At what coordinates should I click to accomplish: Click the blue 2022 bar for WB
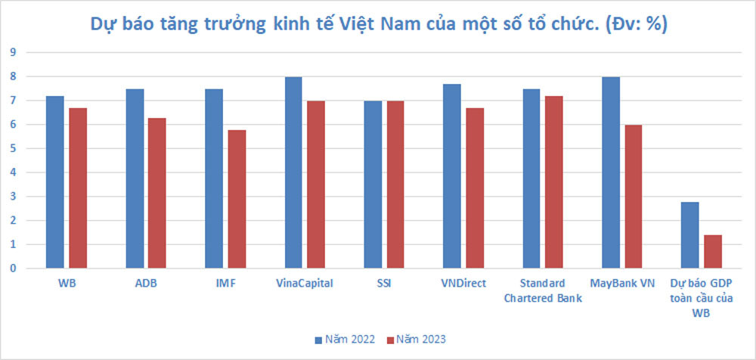(54, 182)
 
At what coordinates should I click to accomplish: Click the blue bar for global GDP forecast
(689, 235)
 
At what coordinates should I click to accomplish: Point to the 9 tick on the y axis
(12, 52)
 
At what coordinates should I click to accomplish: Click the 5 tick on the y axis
(12, 148)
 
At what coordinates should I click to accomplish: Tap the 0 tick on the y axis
(12, 268)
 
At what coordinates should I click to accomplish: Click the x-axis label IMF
(225, 284)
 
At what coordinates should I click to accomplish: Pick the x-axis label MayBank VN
(622, 284)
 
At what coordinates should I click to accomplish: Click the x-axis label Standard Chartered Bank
(542, 290)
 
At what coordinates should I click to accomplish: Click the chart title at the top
(378, 24)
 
